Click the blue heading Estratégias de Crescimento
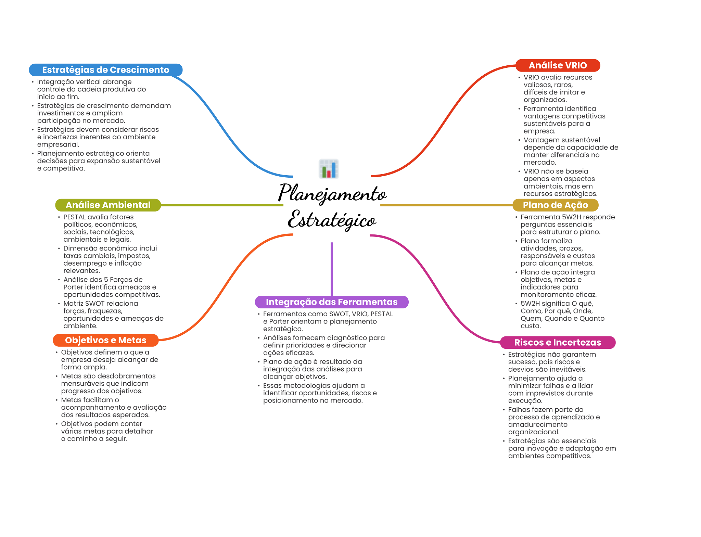tap(106, 70)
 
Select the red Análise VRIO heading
tap(558, 65)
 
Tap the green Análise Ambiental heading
tap(108, 205)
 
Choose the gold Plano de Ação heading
tap(555, 205)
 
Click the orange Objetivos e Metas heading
tap(106, 340)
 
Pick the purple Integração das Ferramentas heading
tap(332, 302)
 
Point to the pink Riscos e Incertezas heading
tap(558, 342)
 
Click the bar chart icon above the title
tap(329, 169)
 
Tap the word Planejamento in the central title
tap(332, 193)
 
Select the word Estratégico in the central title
tap(332, 220)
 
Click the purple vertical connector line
tap(332, 269)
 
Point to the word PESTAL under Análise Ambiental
tap(75, 217)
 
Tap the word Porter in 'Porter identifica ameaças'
tap(73, 287)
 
